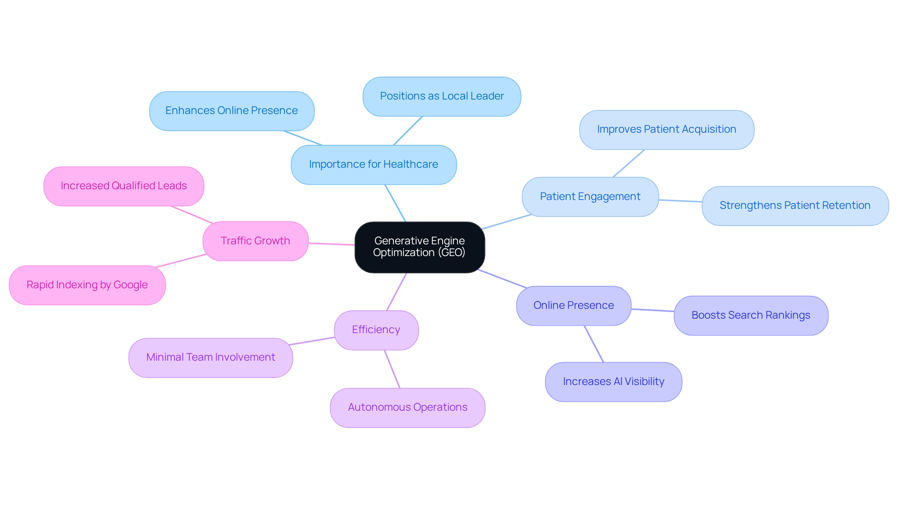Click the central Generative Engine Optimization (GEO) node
420,247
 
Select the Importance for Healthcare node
373,164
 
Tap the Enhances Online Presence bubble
232,111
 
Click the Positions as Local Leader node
442,96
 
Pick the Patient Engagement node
590,197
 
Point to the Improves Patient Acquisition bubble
666,129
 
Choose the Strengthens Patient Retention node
795,206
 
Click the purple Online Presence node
573,306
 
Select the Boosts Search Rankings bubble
750,315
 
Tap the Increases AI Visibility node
613,382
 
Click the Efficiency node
376,330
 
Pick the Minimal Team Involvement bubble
210,357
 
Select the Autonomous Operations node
407,407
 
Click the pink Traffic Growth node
255,241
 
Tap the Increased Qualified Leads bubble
123,186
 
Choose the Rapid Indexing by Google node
87,285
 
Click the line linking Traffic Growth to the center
332,244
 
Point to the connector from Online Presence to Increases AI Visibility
594,344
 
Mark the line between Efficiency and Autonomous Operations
392,369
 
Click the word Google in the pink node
130,285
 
